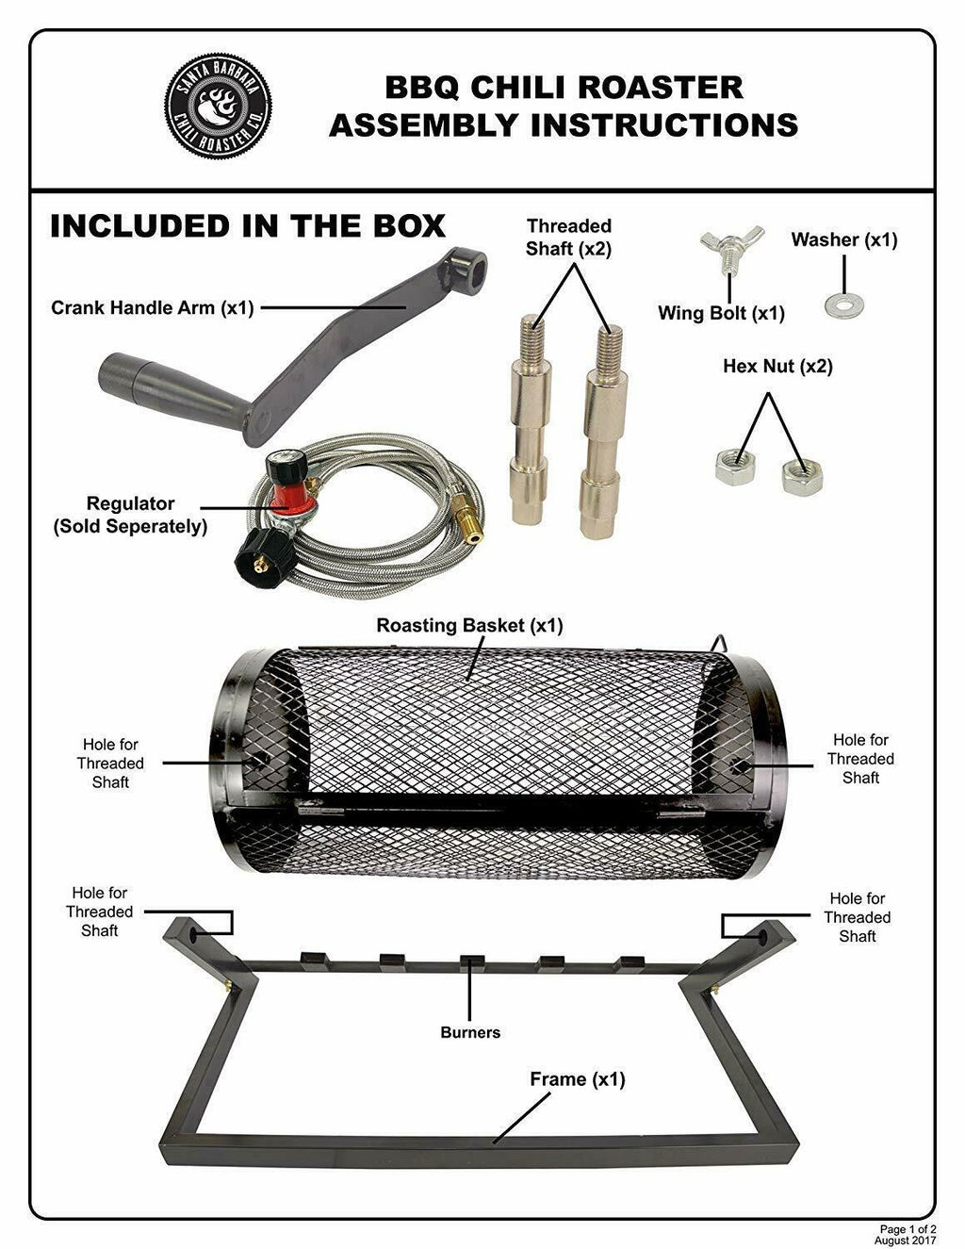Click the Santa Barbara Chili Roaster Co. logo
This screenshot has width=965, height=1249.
(x=219, y=104)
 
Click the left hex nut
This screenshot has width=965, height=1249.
(x=735, y=467)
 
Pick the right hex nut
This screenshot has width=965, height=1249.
(x=802, y=476)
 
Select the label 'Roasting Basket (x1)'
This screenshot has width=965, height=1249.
(x=469, y=625)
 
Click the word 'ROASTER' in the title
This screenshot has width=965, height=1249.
(x=660, y=88)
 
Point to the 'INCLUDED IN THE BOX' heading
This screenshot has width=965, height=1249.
(x=248, y=226)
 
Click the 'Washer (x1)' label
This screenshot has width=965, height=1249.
(x=843, y=239)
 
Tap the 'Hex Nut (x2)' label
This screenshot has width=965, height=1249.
(x=777, y=366)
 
